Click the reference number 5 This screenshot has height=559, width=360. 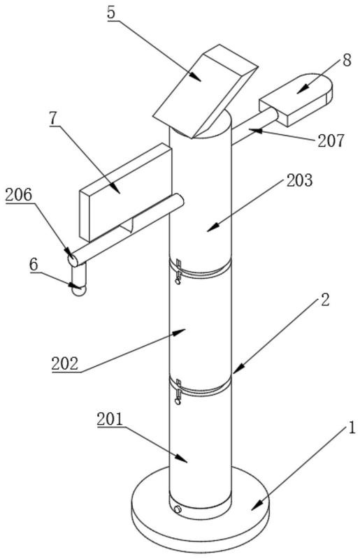click(111, 13)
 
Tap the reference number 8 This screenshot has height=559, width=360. click(347, 60)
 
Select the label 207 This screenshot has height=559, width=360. click(331, 140)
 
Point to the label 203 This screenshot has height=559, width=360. click(299, 180)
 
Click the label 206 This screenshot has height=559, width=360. click(19, 195)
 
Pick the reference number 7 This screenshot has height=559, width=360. click(54, 119)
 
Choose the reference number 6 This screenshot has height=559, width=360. click(34, 265)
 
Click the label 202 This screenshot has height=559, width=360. click(65, 363)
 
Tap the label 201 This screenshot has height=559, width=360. click(110, 419)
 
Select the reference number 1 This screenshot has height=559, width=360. click(352, 428)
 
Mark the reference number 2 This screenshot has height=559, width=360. click(324, 300)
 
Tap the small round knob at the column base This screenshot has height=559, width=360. click(177, 510)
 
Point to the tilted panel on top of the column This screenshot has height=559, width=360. click(205, 92)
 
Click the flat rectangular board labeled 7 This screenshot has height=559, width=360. click(126, 191)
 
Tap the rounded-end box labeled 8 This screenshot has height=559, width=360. click(296, 99)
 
